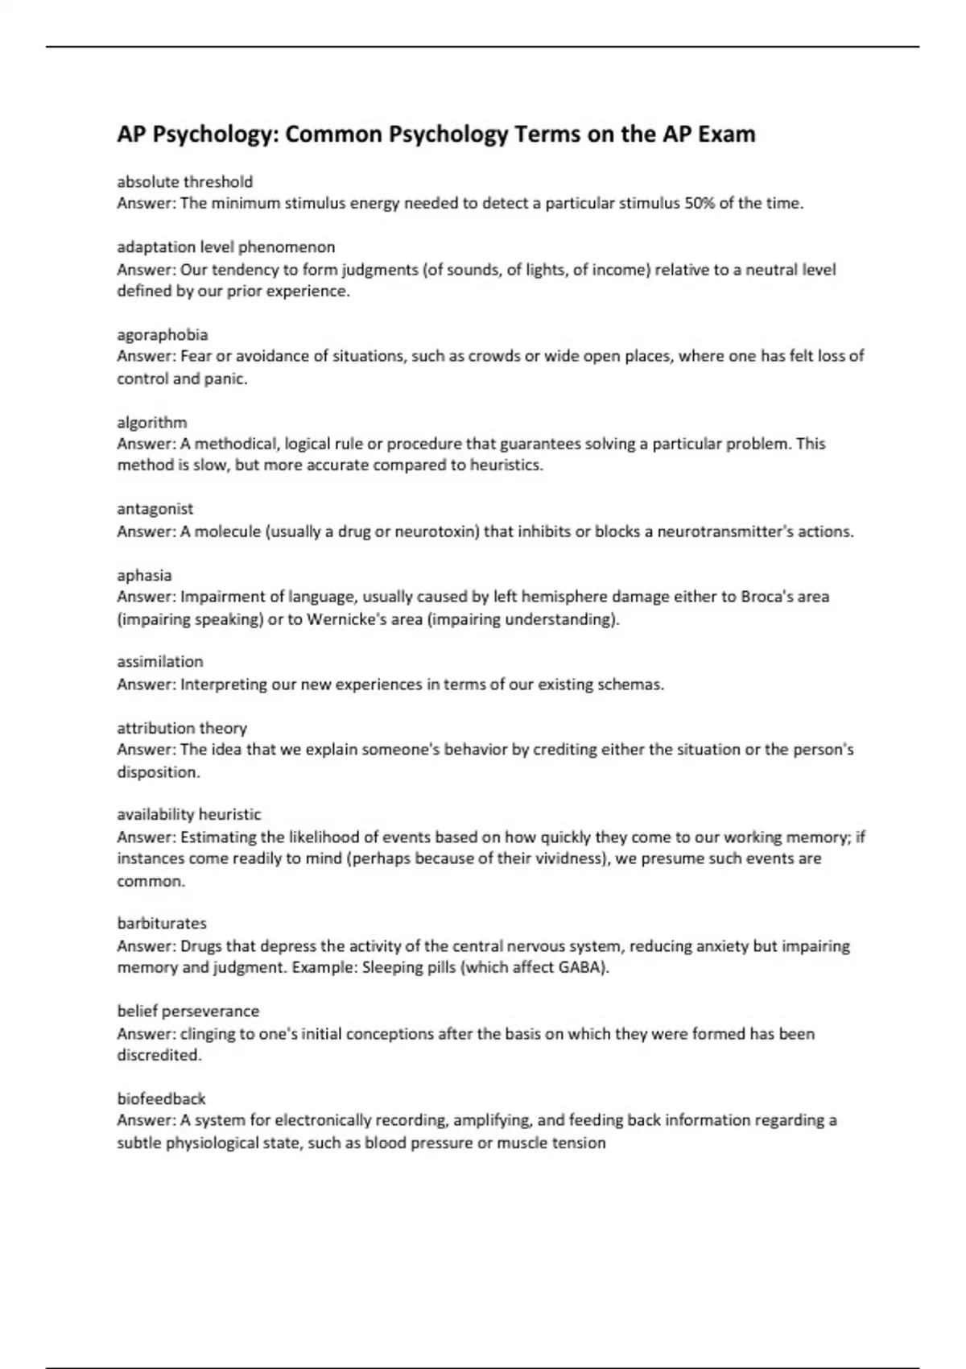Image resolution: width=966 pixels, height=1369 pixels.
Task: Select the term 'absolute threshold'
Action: (184, 182)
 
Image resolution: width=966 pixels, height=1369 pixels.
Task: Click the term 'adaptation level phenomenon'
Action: (225, 247)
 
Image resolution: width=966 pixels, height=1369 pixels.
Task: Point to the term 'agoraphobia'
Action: (162, 335)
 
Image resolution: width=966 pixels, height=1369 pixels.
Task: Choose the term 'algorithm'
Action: (151, 423)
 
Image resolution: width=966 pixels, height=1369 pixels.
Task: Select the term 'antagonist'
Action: (155, 509)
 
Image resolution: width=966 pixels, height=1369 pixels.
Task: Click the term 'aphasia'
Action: (144, 576)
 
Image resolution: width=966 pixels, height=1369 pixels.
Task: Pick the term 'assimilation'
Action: (159, 662)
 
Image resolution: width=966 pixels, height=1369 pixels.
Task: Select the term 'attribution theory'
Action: (181, 729)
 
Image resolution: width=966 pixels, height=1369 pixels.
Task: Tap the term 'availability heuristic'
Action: (188, 815)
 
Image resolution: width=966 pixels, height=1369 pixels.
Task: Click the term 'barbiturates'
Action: (161, 924)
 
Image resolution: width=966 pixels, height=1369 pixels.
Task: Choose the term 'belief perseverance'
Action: (188, 1011)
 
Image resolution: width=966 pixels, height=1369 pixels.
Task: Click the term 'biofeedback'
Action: (161, 1099)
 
